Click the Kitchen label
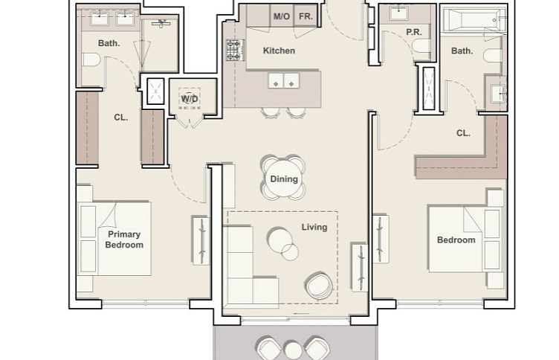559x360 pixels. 279,51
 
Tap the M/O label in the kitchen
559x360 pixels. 282,16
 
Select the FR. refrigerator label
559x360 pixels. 306,16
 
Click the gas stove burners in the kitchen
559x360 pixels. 235,50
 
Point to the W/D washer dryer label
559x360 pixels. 190,98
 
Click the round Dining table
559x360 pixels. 284,179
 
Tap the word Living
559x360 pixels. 314,227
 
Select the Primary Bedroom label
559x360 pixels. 124,240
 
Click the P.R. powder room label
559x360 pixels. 414,32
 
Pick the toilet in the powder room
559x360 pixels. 421,46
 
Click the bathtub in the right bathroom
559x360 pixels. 474,19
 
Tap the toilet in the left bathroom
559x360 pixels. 91,60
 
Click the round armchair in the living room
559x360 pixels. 320,286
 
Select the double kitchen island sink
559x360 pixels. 284,81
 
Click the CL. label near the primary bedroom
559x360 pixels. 121,118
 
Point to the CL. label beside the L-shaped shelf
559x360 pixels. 463,133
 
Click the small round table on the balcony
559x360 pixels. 293,350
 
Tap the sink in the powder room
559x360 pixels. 399,13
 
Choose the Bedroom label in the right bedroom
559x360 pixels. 456,240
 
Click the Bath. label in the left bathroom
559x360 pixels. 109,43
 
